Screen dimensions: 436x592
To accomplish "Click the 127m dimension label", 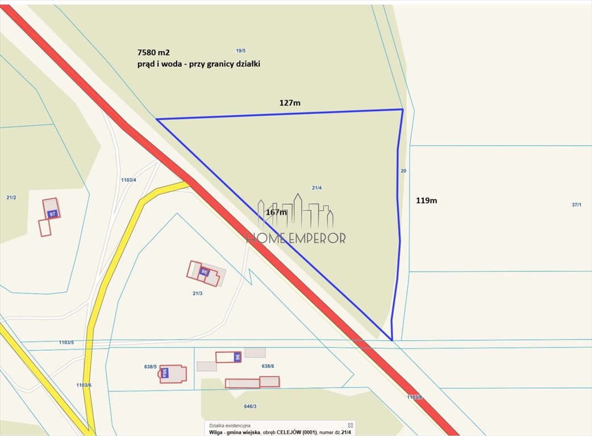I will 290,103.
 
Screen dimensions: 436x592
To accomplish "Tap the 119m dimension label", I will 426,200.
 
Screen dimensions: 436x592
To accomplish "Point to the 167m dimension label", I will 276,212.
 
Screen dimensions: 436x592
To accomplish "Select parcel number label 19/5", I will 241,51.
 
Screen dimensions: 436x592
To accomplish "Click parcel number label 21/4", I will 317,188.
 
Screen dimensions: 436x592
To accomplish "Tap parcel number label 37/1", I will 576,204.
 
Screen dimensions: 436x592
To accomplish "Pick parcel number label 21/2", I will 11,198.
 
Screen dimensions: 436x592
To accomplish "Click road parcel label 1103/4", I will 129,180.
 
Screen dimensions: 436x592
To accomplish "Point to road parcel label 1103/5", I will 66,342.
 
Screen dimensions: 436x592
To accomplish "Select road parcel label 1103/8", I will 415,397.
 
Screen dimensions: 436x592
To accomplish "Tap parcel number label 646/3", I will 250,406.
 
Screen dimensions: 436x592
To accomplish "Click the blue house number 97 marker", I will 52,214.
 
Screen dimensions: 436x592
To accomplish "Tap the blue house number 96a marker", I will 165,373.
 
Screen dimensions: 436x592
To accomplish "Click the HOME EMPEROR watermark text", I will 295,238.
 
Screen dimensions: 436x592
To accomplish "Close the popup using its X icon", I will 351,425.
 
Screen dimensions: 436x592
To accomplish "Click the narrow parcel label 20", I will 403,171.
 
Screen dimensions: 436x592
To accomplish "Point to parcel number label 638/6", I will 268,366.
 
